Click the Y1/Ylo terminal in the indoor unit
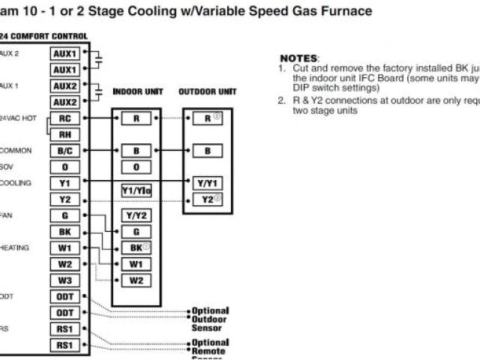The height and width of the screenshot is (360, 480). [x=136, y=190]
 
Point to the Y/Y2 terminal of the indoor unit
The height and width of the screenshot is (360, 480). [x=136, y=216]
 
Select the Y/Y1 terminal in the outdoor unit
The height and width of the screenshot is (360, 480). [x=207, y=182]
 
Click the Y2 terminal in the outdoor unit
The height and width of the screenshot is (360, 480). [x=207, y=199]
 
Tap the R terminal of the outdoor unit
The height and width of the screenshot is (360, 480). [x=207, y=118]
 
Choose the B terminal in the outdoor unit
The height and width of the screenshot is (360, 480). [x=207, y=151]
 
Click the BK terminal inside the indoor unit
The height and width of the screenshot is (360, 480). [x=136, y=248]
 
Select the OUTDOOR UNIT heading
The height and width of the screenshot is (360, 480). [x=208, y=92]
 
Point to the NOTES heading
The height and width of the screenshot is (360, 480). [x=299, y=58]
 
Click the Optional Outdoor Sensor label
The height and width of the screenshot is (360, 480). [x=209, y=319]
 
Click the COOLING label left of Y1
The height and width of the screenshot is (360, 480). [x=15, y=183]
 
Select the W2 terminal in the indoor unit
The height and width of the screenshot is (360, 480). [x=136, y=280]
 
